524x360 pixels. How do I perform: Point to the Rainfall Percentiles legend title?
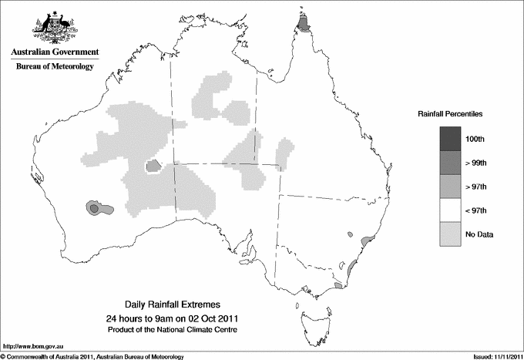450,113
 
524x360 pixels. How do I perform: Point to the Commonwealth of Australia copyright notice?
92,355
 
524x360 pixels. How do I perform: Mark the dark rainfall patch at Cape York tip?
304,25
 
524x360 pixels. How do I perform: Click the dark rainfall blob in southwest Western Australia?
96,207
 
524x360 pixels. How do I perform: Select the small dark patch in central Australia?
153,164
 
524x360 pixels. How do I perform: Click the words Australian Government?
55,52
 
